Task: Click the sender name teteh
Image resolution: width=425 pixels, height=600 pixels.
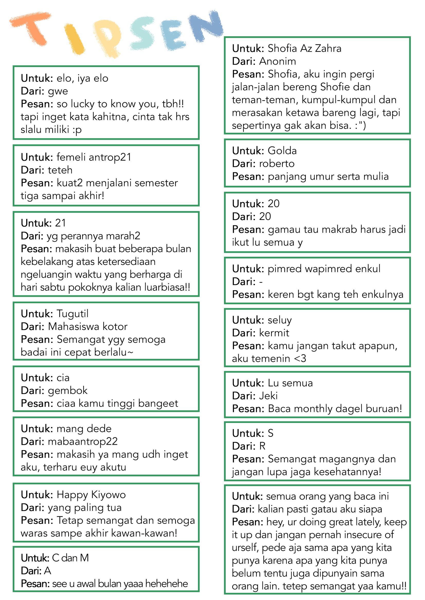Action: pyautogui.click(x=60, y=170)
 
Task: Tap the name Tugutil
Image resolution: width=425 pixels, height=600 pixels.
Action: pyautogui.click(x=73, y=313)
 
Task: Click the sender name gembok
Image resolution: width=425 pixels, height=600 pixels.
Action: pyautogui.click(x=68, y=391)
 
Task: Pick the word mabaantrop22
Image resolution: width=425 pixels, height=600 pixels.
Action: pyautogui.click(x=83, y=441)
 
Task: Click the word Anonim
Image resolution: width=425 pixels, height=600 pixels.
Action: pyautogui.click(x=277, y=61)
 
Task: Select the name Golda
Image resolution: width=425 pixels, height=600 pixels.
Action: pyautogui.click(x=282, y=151)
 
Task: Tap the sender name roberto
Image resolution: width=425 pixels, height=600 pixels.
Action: pyautogui.click(x=277, y=163)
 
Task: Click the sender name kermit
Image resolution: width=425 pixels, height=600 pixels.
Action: pyautogui.click(x=274, y=333)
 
